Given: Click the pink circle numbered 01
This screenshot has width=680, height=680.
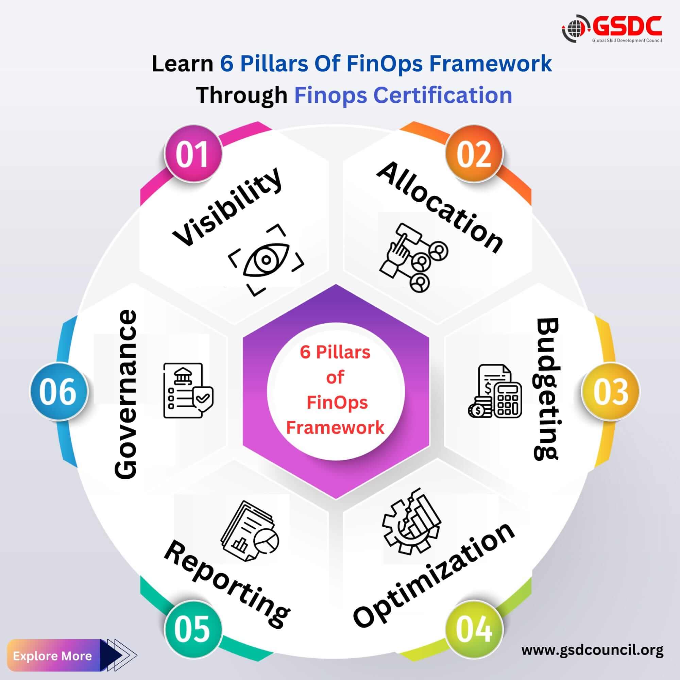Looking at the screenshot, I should point(193,154).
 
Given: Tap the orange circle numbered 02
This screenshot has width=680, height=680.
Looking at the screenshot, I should point(474,154).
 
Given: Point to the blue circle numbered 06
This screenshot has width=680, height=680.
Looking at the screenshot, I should point(58,391).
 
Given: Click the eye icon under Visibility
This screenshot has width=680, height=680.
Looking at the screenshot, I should point(266,260).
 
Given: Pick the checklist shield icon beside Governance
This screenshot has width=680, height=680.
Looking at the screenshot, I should point(188,391).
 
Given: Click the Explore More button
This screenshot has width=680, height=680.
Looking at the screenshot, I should point(53,656).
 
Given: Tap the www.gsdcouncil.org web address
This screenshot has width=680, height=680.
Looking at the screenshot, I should point(592,650).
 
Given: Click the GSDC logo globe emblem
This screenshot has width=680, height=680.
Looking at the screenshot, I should point(576,29).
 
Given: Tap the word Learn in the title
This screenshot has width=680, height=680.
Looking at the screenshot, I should point(182,64).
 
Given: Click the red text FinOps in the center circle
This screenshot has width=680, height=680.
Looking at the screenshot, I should point(337,402).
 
